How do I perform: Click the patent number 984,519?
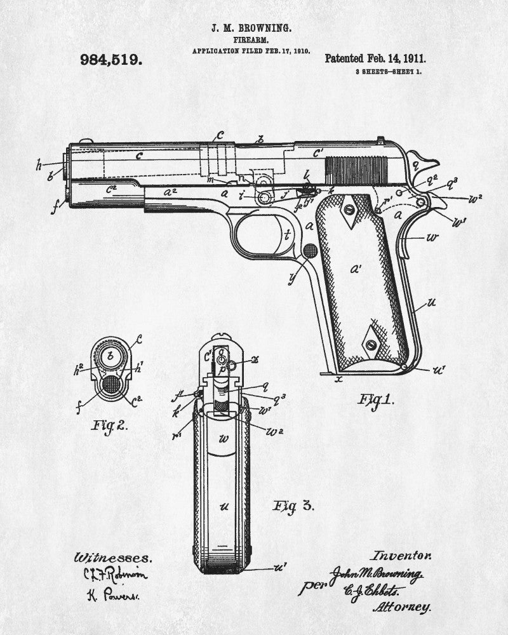click(x=110, y=60)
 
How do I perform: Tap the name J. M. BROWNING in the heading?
click(x=251, y=29)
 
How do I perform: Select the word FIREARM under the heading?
click(x=251, y=40)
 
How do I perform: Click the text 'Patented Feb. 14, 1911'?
click(x=375, y=58)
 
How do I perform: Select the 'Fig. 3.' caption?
click(x=293, y=505)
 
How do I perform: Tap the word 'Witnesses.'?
click(x=113, y=558)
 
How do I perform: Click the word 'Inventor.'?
click(x=402, y=554)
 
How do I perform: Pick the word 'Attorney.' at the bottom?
click(x=402, y=606)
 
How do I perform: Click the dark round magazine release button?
click(x=310, y=251)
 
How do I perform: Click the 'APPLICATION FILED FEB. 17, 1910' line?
click(x=251, y=50)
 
